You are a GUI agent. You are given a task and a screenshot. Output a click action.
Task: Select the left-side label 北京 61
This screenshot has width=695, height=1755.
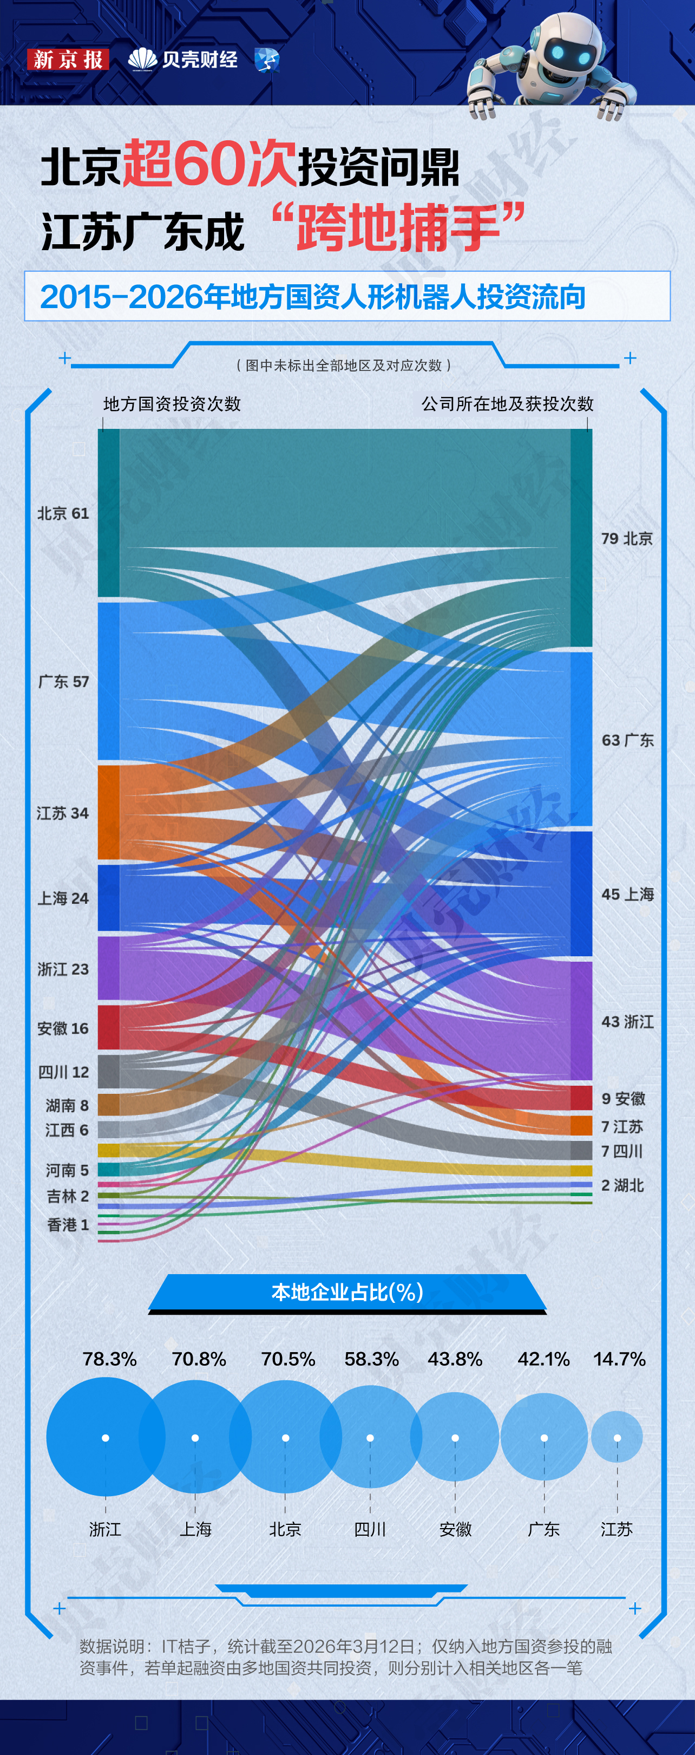pos(63,513)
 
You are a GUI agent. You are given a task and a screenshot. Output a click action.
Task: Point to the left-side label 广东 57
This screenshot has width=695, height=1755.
pos(63,681)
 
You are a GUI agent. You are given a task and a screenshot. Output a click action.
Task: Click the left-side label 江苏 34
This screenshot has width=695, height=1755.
pos(63,813)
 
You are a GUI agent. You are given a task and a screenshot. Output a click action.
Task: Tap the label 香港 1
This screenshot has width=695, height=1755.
pos(68,1224)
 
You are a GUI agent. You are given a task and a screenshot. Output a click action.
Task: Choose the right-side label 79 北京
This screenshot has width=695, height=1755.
pos(626,538)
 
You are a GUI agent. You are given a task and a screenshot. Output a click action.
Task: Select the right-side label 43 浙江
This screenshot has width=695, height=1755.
pos(627,1021)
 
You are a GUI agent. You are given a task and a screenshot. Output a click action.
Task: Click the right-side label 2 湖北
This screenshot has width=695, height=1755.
pos(621,1185)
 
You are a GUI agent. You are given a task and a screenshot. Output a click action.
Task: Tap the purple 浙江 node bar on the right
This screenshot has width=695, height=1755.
pos(581,1020)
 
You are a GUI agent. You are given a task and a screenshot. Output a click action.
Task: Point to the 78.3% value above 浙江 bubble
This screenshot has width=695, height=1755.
pos(109,1359)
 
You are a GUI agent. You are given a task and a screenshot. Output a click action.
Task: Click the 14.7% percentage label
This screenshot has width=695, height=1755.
pos(619,1359)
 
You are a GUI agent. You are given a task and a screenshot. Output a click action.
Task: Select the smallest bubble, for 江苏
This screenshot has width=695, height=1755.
pos(617,1436)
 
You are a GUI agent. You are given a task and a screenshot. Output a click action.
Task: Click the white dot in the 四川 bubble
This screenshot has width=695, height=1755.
pos(370,1438)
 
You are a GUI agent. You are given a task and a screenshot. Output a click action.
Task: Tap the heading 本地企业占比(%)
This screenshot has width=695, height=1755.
pos(347,1291)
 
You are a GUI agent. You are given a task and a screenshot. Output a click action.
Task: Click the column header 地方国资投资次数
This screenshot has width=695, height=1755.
pos(172,404)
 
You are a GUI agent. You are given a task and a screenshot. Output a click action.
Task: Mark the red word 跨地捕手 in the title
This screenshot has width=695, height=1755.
pos(398,227)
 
